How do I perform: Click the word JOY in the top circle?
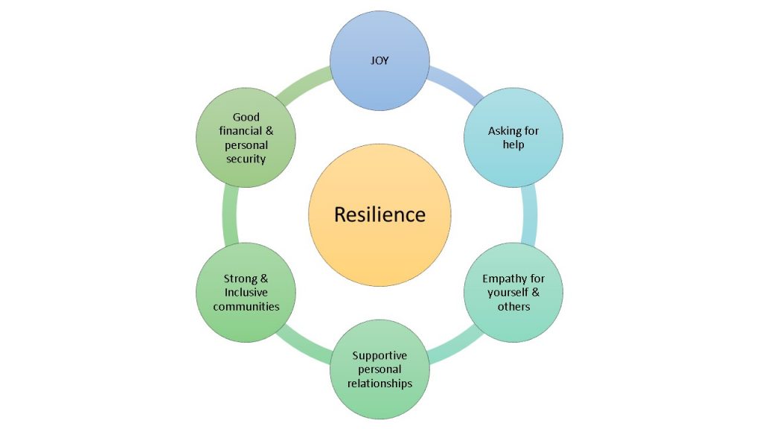pos(380,61)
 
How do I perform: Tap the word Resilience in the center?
pos(380,214)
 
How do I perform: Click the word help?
pos(513,144)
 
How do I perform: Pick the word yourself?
pos(508,292)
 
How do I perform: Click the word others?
pos(513,306)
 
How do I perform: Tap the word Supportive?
pos(380,355)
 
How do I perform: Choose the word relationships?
pos(380,384)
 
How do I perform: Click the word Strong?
pos(240,279)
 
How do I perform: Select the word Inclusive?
pos(246,292)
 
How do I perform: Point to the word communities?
pos(246,306)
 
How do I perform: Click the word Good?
pos(246,117)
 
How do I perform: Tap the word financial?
pos(240,131)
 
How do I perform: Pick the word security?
pos(246,159)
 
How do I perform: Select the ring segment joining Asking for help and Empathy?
pos(530,214)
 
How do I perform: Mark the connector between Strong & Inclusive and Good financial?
pos(230,214)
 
